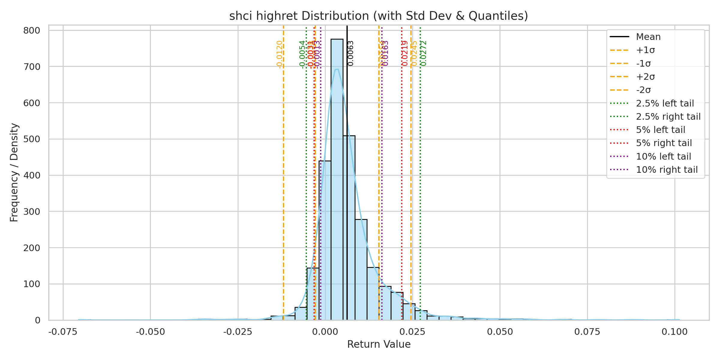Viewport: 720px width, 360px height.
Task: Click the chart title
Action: [379, 16]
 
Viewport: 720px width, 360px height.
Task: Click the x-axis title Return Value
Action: [379, 344]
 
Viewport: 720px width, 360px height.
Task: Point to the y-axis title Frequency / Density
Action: [14, 172]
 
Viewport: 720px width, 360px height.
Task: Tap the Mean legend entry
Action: [648, 37]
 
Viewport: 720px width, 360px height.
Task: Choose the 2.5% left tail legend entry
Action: [665, 103]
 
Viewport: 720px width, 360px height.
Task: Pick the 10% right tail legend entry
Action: [667, 170]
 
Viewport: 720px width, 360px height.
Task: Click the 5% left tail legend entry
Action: [661, 130]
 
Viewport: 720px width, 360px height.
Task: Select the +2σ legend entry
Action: [645, 77]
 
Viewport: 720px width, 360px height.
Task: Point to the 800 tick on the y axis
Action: [32, 31]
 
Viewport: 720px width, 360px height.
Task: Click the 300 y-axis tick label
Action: [32, 212]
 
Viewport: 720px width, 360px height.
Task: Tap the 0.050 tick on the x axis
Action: [500, 332]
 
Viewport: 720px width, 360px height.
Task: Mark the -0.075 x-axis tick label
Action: [63, 332]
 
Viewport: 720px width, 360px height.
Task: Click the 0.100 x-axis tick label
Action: [675, 332]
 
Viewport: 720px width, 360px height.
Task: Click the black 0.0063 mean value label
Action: [351, 53]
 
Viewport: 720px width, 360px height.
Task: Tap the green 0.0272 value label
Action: [423, 53]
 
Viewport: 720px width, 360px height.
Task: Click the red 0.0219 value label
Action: [405, 53]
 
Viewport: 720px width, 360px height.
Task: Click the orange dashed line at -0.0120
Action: [283, 180]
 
